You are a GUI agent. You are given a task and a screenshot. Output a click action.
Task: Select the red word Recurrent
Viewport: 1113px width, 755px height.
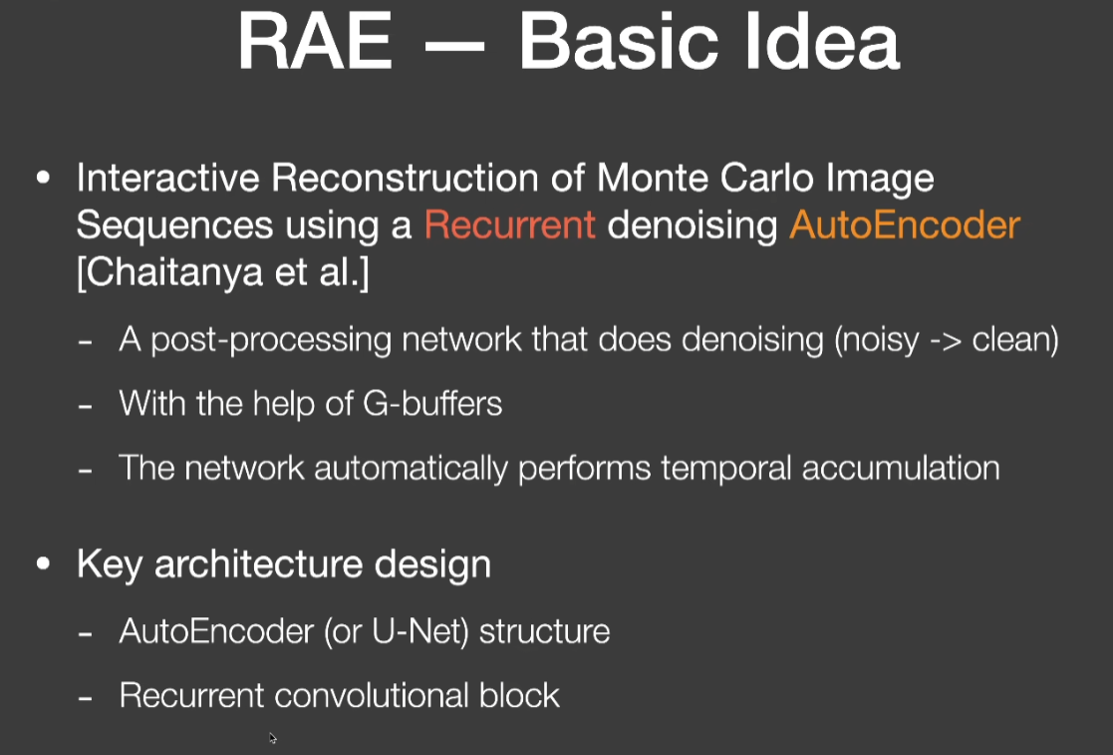tap(509, 225)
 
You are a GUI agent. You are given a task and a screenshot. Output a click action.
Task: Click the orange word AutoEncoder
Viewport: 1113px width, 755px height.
tap(905, 225)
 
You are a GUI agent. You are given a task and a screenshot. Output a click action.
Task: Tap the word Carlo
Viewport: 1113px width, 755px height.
tap(768, 178)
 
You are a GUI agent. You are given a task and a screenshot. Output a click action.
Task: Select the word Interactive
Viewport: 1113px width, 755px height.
tap(168, 178)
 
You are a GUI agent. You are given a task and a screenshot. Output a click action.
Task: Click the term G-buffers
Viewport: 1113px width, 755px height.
tap(432, 403)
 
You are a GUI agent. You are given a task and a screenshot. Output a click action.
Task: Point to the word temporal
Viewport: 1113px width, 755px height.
tap(725, 468)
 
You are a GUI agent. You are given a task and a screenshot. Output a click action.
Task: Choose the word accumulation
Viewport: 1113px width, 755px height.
tap(901, 468)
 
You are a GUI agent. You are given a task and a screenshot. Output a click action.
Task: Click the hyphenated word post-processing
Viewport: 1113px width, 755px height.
tap(271, 340)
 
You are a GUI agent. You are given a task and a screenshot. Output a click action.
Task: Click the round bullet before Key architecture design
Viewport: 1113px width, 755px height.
tap(43, 564)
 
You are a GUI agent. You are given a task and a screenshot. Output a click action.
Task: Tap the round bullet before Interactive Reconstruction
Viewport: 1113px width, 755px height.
tap(43, 178)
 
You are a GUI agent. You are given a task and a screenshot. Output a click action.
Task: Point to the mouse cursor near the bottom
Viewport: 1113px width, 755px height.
tap(273, 738)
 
